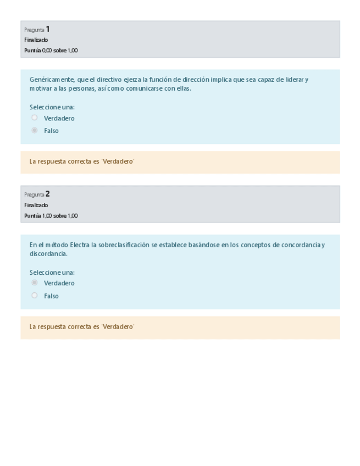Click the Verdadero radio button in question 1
point(35,118)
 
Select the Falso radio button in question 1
point(35,130)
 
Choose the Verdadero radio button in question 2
point(35,282)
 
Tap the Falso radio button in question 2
point(35,295)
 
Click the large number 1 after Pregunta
point(48,29)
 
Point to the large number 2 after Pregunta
point(48,193)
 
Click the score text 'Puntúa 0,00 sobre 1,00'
point(51,51)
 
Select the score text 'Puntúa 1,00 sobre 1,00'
point(51,215)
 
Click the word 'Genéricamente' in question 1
point(52,80)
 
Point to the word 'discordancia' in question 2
point(48,254)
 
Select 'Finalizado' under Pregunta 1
point(36,40)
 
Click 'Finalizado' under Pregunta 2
point(36,205)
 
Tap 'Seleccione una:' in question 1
point(52,107)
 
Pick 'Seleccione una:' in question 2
point(52,272)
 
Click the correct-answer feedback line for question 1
point(82,162)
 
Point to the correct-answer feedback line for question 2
point(82,326)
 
